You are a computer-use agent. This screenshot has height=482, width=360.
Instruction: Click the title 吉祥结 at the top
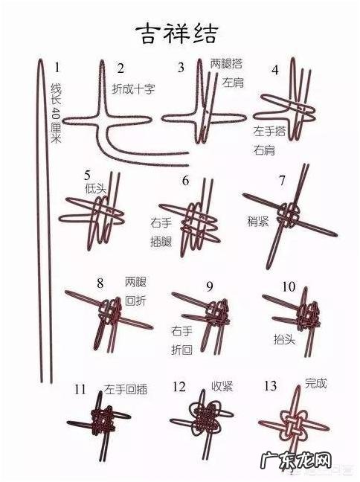(x=176, y=32)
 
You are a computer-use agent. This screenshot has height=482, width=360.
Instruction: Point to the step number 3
(x=181, y=68)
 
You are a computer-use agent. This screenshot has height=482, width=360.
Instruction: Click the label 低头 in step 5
(x=97, y=188)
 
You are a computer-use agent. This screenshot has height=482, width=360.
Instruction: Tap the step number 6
(x=185, y=181)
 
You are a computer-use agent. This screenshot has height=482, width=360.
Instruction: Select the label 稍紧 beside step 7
(x=258, y=221)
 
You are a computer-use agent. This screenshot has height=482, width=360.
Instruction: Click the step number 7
(x=282, y=180)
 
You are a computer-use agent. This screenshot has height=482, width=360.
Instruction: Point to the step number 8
(x=100, y=283)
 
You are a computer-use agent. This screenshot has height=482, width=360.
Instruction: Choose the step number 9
(x=210, y=286)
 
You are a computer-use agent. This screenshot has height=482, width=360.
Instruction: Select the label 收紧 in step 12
(x=222, y=386)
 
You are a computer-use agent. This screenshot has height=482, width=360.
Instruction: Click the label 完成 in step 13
(x=315, y=384)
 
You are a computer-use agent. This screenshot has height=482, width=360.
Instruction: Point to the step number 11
(x=80, y=389)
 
